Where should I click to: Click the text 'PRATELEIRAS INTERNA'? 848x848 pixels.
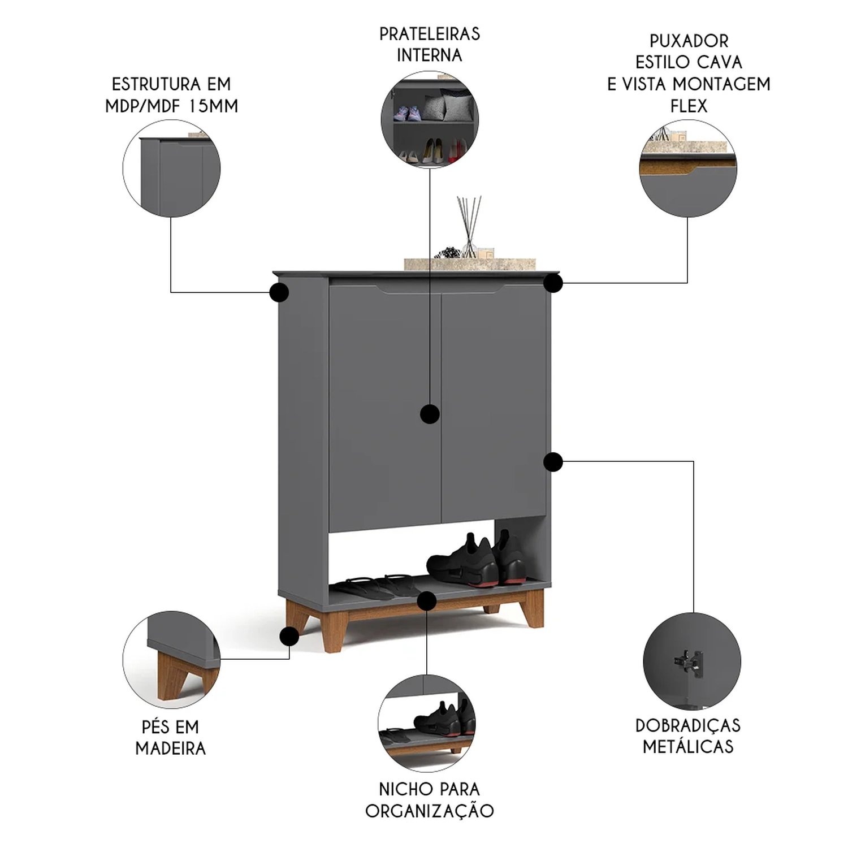tap(429, 45)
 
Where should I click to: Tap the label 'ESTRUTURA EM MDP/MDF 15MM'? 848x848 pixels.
tap(171, 95)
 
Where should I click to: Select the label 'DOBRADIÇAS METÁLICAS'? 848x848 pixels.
tap(688, 735)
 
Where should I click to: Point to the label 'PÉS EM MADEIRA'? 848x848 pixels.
tap(171, 737)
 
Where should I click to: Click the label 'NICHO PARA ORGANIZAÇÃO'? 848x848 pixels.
tap(429, 799)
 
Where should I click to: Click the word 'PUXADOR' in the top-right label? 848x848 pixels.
tap(689, 41)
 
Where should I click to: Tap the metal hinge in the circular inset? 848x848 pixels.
tap(690, 661)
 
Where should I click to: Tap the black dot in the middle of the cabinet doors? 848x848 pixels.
tap(430, 414)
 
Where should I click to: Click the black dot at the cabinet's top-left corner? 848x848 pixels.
tap(279, 292)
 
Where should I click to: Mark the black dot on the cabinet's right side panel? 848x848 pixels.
tap(553, 462)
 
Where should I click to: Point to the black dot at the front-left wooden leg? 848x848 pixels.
tap(289, 637)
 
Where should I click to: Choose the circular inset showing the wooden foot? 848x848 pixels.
tap(171, 660)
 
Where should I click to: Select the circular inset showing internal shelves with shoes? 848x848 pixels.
tap(430, 119)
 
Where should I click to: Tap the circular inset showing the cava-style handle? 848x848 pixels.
tap(688, 168)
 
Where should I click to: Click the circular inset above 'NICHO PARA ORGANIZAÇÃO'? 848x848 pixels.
tap(427, 723)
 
